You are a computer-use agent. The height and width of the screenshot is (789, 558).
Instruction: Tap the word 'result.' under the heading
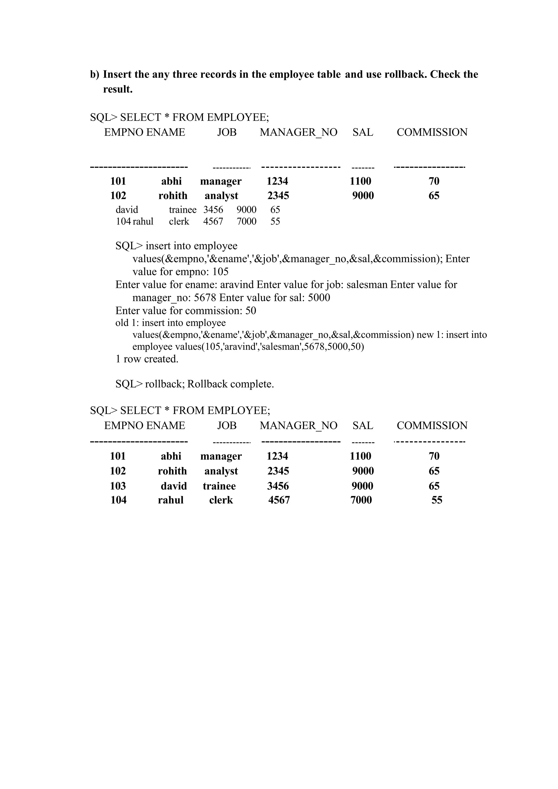118,89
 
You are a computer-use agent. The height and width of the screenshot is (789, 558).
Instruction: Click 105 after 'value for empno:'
220,272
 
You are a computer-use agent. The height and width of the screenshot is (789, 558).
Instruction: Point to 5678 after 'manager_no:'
205,298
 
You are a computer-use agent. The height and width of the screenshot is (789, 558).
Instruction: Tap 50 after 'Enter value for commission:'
250,311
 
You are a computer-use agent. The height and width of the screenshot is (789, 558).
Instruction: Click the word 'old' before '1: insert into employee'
122,323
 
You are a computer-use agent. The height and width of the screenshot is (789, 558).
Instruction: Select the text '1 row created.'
147,359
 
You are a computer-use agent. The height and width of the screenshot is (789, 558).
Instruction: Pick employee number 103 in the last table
118,486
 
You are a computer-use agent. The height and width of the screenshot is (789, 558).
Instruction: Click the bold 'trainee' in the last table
219,486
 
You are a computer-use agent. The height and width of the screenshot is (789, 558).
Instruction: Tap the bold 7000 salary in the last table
361,500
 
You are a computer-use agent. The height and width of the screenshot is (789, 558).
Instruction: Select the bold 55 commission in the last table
437,500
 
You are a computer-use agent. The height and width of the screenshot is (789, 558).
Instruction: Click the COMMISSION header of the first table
432,132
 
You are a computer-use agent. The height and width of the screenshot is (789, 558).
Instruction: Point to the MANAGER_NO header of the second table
298,426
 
